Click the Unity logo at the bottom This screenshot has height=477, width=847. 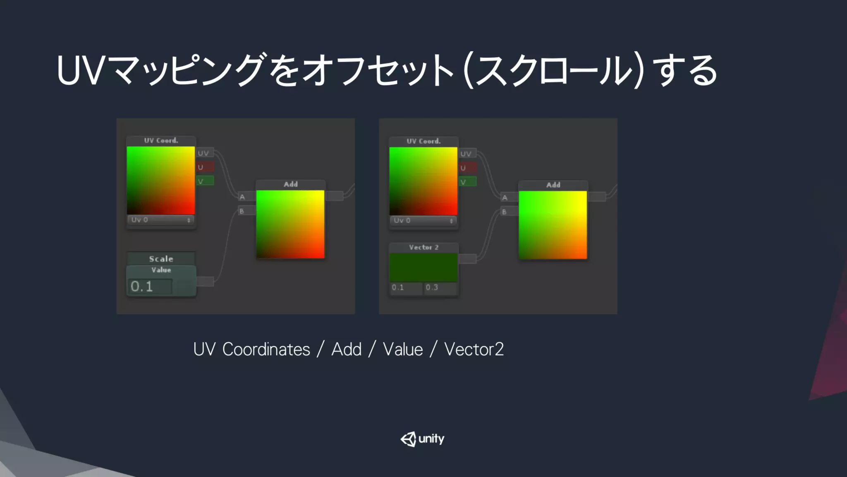(x=422, y=439)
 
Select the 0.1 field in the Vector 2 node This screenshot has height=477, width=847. (x=406, y=287)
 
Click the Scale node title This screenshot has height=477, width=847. (x=161, y=259)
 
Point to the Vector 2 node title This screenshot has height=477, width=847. (x=423, y=247)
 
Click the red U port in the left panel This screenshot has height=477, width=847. (x=205, y=167)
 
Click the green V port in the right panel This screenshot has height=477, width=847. (x=468, y=182)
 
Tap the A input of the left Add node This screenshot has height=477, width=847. (x=246, y=197)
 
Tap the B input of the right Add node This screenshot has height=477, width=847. (x=509, y=212)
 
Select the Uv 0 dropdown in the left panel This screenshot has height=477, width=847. (x=161, y=220)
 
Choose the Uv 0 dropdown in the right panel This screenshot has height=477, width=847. (x=423, y=221)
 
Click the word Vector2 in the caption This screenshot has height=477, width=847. (x=474, y=349)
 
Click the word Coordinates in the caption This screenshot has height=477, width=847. (x=266, y=349)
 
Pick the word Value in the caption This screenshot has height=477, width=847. (x=402, y=349)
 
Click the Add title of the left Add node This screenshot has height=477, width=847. (x=290, y=184)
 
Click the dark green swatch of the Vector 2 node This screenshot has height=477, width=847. (x=423, y=267)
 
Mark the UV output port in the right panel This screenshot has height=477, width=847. (x=468, y=154)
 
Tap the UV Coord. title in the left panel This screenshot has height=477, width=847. (x=161, y=140)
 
